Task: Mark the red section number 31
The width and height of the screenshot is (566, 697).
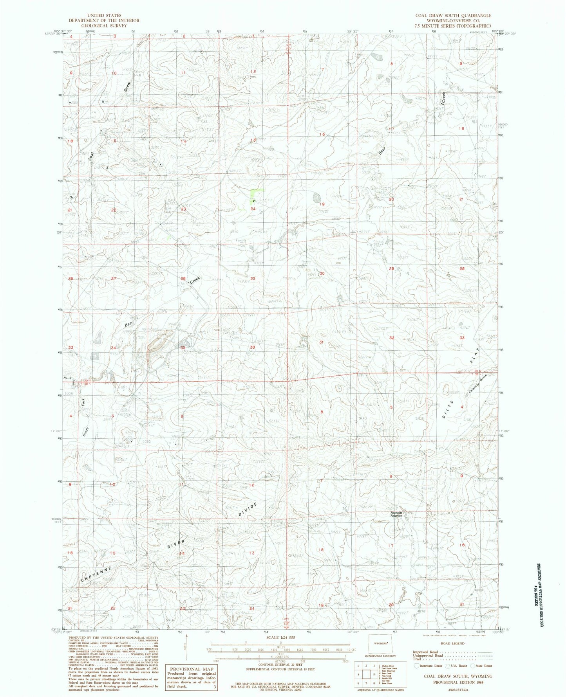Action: [x=322, y=342]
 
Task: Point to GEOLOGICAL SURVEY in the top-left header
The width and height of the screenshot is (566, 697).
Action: [x=103, y=25]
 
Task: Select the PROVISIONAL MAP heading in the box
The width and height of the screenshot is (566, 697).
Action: [x=191, y=669]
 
